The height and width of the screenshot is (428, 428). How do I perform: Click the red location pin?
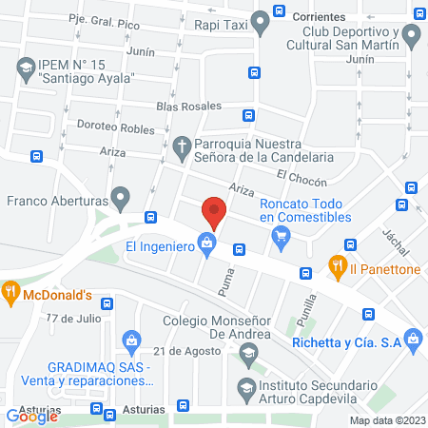pos(214,212)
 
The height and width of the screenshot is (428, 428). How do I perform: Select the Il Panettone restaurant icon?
pos(335,267)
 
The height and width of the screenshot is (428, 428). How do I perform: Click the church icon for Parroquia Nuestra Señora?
pos(182,147)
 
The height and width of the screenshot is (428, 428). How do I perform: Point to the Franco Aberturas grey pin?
pos(120,200)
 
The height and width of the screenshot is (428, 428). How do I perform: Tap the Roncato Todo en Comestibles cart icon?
pos(281,241)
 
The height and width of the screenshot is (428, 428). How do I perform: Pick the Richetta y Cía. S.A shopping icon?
pos(412,338)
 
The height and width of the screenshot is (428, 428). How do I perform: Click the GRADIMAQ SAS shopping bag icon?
pos(132,340)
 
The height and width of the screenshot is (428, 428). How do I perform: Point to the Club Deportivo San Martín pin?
pos(411,37)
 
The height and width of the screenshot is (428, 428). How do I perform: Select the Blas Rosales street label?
pos(190,106)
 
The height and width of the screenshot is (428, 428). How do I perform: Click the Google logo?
pos(33,416)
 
